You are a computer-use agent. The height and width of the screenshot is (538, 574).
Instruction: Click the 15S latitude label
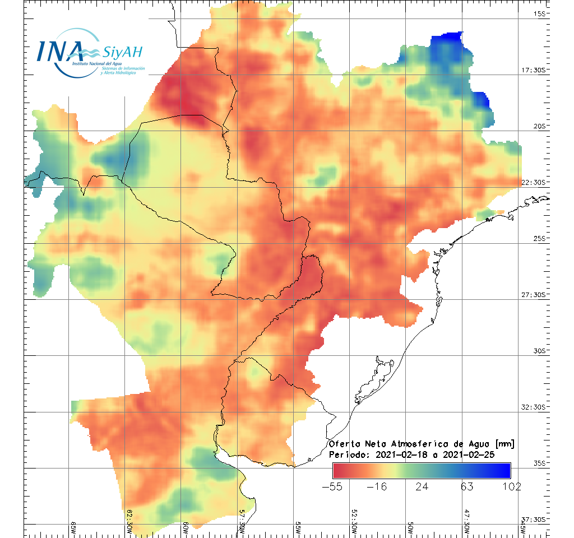point(540,13)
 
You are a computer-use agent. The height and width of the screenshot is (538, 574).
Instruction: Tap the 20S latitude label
point(540,126)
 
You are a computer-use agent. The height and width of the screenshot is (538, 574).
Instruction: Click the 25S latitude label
point(540,238)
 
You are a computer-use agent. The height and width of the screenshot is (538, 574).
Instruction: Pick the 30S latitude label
point(540,351)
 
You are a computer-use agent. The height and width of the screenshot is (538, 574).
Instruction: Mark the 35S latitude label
point(540,463)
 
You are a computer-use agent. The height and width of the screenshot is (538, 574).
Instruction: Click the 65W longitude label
point(73,528)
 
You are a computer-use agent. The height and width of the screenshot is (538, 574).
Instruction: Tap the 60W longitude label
point(186,528)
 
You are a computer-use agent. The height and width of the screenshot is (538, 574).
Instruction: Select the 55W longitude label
point(298,528)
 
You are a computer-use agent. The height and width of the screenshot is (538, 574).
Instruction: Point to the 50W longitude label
point(410,528)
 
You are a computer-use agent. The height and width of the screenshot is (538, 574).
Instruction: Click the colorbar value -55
point(333,486)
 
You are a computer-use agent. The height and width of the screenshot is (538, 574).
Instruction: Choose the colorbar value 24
point(422,486)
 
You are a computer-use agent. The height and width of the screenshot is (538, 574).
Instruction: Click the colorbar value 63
point(466,486)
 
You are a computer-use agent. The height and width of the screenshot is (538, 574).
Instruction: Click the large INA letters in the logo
point(59,51)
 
